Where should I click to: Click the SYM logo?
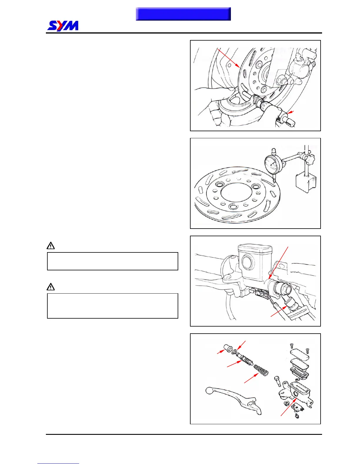(x=63, y=26)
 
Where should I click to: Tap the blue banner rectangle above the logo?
(x=183, y=14)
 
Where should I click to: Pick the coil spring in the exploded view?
(x=261, y=370)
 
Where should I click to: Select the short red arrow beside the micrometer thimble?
(x=291, y=112)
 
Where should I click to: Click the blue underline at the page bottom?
(x=58, y=463)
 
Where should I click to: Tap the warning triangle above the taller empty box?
(x=51, y=287)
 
